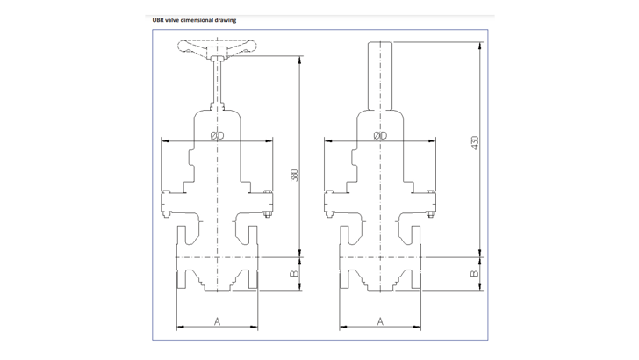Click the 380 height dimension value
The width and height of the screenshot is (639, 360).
pyautogui.click(x=294, y=175)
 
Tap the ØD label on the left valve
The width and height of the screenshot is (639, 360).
pyautogui.click(x=217, y=136)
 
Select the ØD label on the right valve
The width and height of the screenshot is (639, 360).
pyautogui.click(x=380, y=136)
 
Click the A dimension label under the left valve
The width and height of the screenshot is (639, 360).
pyautogui.click(x=217, y=321)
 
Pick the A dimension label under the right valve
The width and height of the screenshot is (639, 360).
pyautogui.click(x=380, y=321)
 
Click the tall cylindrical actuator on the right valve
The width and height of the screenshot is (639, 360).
pyautogui.click(x=380, y=75)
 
